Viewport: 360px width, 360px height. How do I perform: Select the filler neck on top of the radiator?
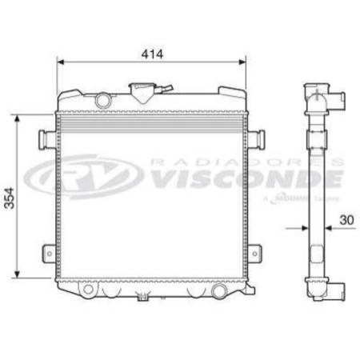tap(142, 88)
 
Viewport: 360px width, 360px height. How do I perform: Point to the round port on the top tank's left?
tap(102, 99)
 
